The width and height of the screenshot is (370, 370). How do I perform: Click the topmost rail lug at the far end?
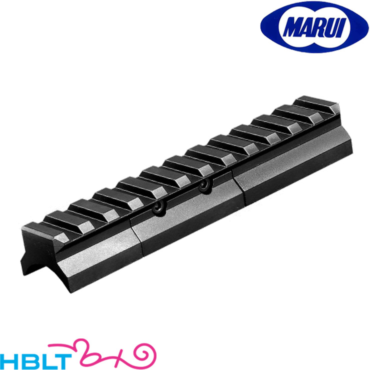pyautogui.click(x=316, y=104)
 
